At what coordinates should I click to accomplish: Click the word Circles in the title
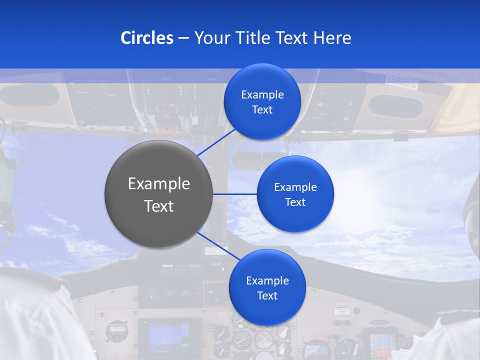pos(146,38)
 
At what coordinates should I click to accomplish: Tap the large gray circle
pos(158,194)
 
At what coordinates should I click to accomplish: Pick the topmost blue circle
pos(262,101)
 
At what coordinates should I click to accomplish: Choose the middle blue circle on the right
pos(295,194)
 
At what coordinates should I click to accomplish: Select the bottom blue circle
pos(267,287)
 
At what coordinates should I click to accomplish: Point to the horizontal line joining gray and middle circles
pos(234,194)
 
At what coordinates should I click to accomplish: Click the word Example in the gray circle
pos(158,184)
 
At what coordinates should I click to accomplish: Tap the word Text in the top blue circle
pos(262,110)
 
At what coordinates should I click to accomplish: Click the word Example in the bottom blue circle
pos(267,280)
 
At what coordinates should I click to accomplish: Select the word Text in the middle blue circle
pos(295,202)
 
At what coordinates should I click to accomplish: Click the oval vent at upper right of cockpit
pos(395,106)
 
